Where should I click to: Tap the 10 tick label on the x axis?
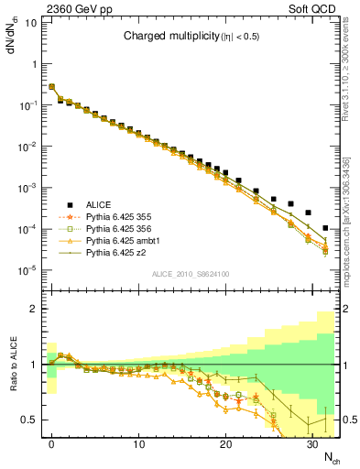point(138,444)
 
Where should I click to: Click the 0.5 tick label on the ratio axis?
point(30,420)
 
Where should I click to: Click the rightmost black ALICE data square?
point(326,227)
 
